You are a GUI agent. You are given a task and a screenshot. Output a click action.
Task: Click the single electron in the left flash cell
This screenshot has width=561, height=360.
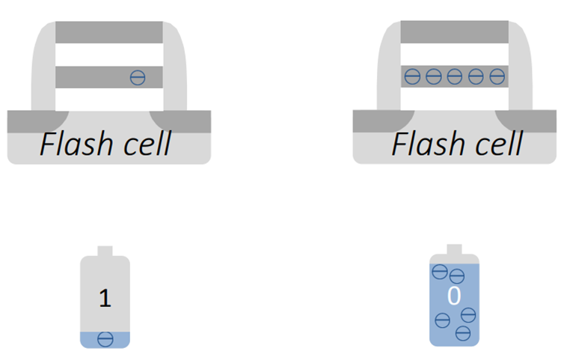coord(137,76)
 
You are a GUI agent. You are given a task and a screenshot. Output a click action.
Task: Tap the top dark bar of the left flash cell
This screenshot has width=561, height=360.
coord(109,32)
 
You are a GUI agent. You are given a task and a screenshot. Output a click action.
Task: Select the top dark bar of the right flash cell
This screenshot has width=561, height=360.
coord(455,32)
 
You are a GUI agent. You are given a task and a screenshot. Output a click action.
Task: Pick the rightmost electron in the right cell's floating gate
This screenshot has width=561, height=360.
coord(497,76)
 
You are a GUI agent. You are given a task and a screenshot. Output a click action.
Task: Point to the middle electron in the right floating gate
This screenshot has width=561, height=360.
coord(455,76)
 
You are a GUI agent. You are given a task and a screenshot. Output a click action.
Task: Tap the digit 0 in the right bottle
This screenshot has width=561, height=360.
coord(453,296)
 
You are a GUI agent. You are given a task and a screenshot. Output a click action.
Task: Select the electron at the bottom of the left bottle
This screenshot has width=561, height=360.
coord(105,338)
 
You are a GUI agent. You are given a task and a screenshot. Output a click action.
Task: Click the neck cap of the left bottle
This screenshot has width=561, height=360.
coord(105,251)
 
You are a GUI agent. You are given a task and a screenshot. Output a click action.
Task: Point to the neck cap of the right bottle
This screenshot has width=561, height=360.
coord(454,249)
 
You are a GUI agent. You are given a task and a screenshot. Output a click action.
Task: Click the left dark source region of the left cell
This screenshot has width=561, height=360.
coord(34,120)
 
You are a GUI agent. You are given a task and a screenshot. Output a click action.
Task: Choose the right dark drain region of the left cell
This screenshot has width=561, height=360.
coord(183,120)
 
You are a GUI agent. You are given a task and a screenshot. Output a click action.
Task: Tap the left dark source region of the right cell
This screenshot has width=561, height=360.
coord(378,120)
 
